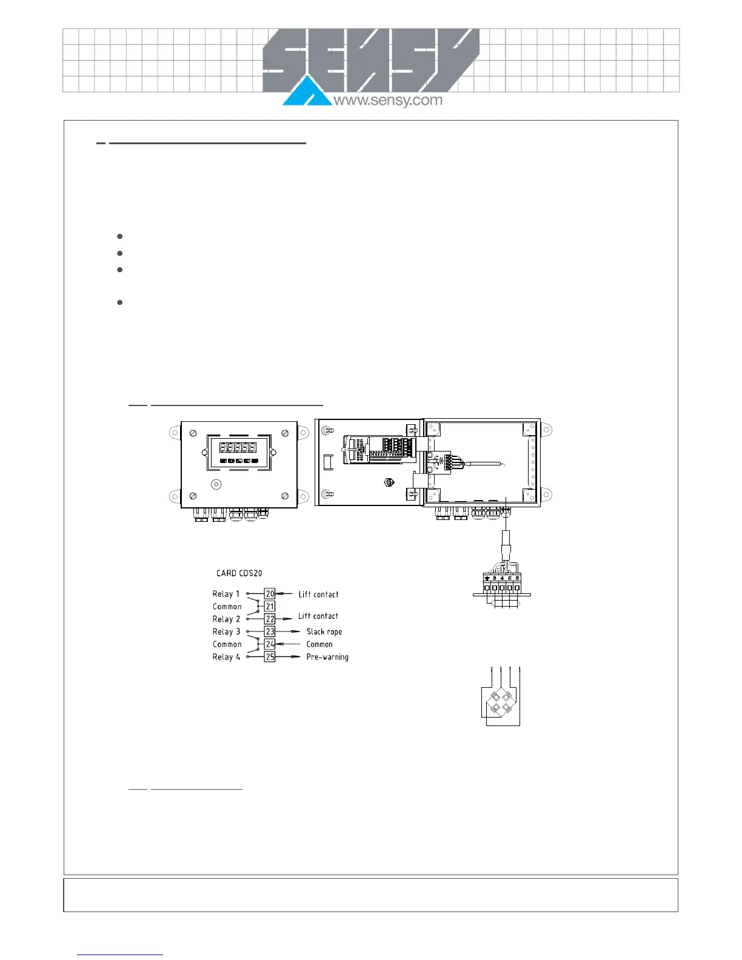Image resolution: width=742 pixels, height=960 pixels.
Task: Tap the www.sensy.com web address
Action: (x=388, y=100)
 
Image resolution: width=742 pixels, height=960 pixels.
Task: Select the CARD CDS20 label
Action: (x=239, y=573)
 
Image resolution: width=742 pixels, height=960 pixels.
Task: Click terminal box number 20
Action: (x=270, y=594)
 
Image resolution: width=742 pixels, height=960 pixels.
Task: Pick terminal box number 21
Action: (x=270, y=606)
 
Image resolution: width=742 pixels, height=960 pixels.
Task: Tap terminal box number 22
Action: (x=270, y=619)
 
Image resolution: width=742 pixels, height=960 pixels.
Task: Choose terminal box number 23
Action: (x=270, y=632)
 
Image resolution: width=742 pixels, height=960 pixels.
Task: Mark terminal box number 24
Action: (x=270, y=644)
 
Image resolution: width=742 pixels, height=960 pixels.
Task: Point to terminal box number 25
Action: (x=270, y=657)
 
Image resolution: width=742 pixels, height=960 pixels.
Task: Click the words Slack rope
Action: (x=324, y=632)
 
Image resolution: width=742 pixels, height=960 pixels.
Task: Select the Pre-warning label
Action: (x=327, y=657)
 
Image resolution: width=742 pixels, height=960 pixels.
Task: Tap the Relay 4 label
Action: (x=226, y=657)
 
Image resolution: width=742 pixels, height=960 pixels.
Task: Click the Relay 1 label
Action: (x=226, y=594)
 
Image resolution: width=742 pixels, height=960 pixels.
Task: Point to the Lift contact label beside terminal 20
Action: (x=318, y=595)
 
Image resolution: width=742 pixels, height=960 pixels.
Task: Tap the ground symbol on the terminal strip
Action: (x=487, y=578)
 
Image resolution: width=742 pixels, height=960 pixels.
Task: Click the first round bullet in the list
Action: (x=120, y=236)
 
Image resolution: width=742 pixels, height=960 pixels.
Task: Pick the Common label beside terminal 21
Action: (x=227, y=606)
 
